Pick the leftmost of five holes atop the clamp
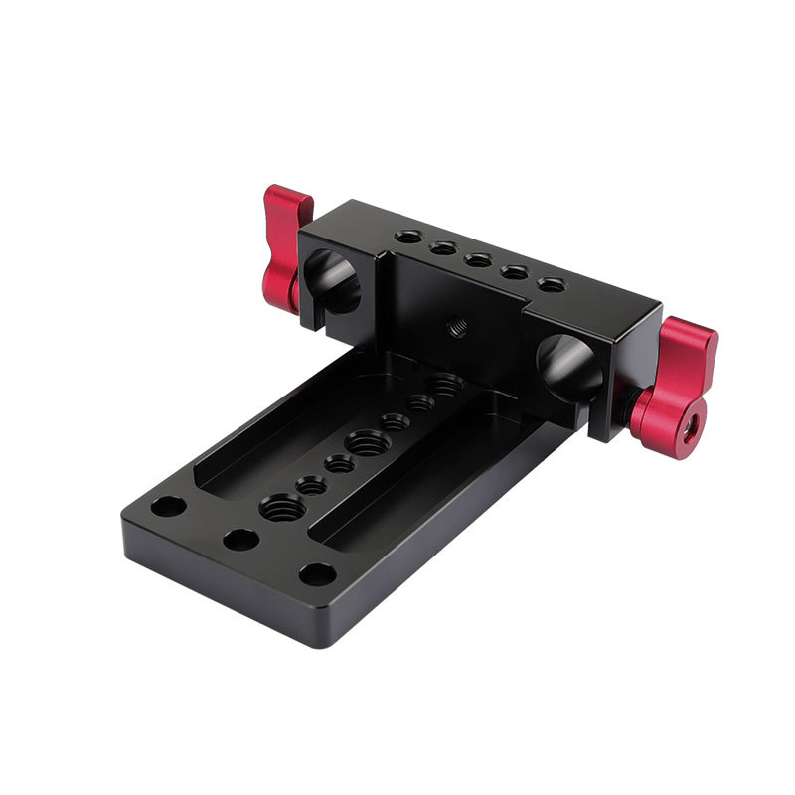pyautogui.click(x=405, y=238)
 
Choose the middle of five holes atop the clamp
pyautogui.click(x=478, y=261)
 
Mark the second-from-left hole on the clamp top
pyautogui.click(x=441, y=249)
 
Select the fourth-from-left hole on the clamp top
pyautogui.click(x=514, y=273)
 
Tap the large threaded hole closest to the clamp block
pyautogui.click(x=444, y=383)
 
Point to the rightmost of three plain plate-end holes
pyautogui.click(x=317, y=574)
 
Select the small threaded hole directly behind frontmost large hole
pyautogui.click(x=311, y=485)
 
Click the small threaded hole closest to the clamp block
pyautogui.click(x=421, y=402)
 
